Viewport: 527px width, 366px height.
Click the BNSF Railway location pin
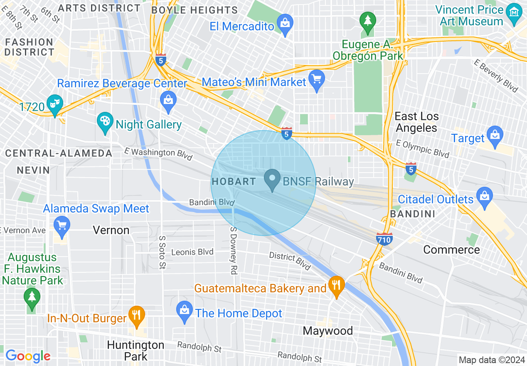pyautogui.click(x=272, y=180)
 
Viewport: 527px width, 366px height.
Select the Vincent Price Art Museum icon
pyautogui.click(x=515, y=12)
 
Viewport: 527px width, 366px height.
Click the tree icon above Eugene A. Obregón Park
pyautogui.click(x=367, y=21)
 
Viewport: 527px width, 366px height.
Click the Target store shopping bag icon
pyautogui.click(x=495, y=136)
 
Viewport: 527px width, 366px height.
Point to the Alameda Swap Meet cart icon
pyautogui.click(x=62, y=226)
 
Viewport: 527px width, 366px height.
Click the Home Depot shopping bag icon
pyautogui.click(x=184, y=311)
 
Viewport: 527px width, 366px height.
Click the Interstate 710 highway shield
pyautogui.click(x=384, y=239)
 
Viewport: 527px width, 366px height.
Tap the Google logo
pyautogui.click(x=28, y=356)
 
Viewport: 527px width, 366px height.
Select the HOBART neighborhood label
pyautogui.click(x=234, y=181)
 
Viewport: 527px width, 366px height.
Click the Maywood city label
pyautogui.click(x=328, y=331)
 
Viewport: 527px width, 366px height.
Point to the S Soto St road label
pyautogui.click(x=162, y=252)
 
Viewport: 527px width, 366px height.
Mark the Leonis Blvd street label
pyautogui.click(x=192, y=252)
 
